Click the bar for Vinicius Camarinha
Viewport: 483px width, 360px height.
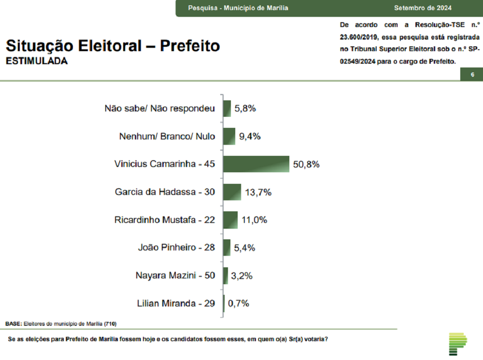[x=256, y=164]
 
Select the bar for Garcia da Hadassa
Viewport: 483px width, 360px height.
[x=232, y=192]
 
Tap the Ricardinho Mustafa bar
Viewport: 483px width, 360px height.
[x=231, y=220]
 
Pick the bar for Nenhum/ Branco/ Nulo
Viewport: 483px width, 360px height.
[x=229, y=136]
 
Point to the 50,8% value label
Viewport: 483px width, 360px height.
[x=306, y=165]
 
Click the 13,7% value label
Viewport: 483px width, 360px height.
[x=258, y=193]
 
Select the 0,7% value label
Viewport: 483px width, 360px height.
[x=238, y=304]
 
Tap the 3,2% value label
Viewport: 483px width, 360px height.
[x=242, y=276]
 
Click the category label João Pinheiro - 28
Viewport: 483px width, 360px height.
[x=176, y=248]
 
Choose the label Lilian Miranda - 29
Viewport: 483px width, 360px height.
[x=176, y=304]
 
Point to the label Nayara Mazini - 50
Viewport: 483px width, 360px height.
[x=175, y=276]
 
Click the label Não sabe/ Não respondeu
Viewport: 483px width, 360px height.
[x=159, y=109]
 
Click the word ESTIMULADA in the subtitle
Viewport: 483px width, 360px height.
[x=37, y=61]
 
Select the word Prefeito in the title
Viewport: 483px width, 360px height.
[x=190, y=46]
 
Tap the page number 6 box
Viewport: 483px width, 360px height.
[x=472, y=74]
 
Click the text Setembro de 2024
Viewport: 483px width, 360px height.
[x=423, y=8]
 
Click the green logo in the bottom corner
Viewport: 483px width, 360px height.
[x=457, y=344]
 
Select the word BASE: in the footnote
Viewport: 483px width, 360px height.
[x=14, y=323]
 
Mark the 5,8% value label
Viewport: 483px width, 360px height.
[x=245, y=109]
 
